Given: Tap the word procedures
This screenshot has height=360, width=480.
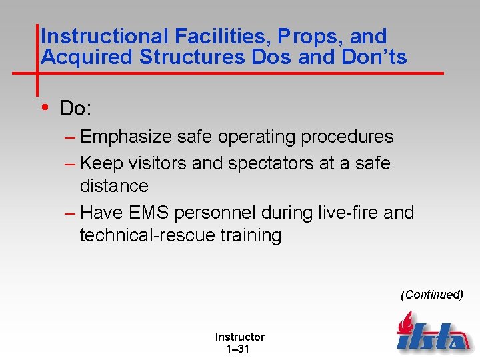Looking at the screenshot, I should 347,137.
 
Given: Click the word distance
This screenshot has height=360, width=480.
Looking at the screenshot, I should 114,185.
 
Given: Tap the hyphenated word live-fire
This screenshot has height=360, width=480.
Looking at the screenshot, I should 337,213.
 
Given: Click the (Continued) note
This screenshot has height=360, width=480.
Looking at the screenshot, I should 431,295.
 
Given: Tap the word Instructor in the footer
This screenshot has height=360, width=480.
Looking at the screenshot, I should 239,337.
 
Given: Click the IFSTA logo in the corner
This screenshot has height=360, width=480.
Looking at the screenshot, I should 432,333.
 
